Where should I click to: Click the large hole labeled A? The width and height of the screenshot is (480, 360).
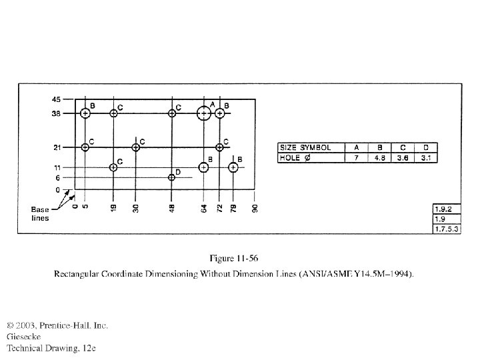204,113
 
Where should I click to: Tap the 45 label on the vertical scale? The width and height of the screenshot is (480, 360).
56,99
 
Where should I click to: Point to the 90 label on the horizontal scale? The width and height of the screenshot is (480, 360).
254,208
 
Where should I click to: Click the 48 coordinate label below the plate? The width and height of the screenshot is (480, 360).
172,208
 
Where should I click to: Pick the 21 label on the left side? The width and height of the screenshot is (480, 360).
57,147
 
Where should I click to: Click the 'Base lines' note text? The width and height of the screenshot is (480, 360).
40,214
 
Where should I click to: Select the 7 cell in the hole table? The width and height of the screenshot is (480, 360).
357,159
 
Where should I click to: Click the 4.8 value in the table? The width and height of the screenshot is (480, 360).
381,159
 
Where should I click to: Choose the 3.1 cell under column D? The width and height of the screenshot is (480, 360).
425,159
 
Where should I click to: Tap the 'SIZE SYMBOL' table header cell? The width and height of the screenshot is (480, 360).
309,147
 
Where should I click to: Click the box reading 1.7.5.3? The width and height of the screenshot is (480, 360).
447,229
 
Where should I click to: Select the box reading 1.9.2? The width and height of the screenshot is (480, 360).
447,209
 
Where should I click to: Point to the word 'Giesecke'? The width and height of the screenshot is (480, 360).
25,337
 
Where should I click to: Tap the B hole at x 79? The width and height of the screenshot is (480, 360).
233,167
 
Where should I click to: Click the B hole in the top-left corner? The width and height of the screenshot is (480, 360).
85,113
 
